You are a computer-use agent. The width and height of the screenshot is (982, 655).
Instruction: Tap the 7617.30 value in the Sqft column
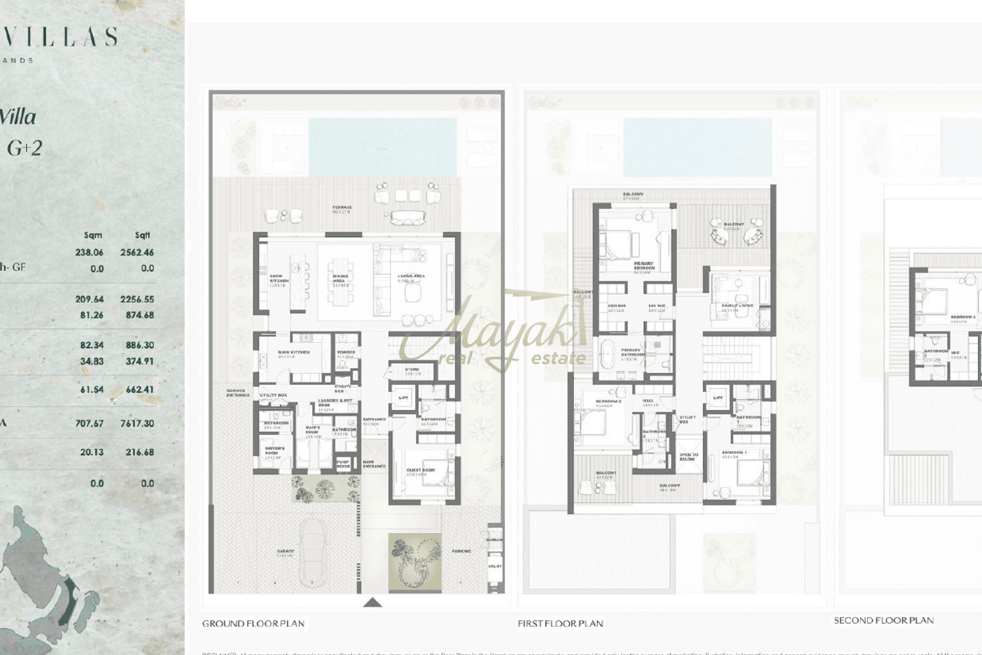coord(137,423)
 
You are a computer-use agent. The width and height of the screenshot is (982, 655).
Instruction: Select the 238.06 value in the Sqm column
coord(89,252)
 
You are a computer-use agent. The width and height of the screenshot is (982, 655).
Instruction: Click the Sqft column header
coord(142,235)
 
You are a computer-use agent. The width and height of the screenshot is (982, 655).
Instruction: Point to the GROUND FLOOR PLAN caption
coord(253,623)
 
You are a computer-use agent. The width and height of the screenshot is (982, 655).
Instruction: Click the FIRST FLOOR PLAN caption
coord(560,623)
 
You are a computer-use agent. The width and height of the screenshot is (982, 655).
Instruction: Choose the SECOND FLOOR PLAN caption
coord(883,620)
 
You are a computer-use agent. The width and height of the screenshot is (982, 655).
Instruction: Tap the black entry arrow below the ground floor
coord(373,602)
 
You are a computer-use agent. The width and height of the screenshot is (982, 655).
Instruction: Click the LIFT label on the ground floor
coord(403,398)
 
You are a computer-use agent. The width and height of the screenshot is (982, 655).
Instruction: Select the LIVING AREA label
coord(411,277)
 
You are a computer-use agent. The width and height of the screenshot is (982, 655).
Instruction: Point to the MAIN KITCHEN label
coord(294,353)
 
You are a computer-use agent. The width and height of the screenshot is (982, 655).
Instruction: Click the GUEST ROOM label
coord(421,470)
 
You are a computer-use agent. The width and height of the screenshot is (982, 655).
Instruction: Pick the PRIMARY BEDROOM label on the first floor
coord(644,266)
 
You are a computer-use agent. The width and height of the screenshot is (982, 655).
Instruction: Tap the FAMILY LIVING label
coord(737,306)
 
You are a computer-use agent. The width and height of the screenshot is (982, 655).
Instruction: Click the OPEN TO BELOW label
coord(688,457)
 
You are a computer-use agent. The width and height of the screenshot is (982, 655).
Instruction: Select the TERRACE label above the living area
coord(342,208)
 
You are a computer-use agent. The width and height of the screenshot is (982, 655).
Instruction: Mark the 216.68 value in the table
coord(137,452)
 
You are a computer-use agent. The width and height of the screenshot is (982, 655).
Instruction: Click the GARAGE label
coord(285,552)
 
